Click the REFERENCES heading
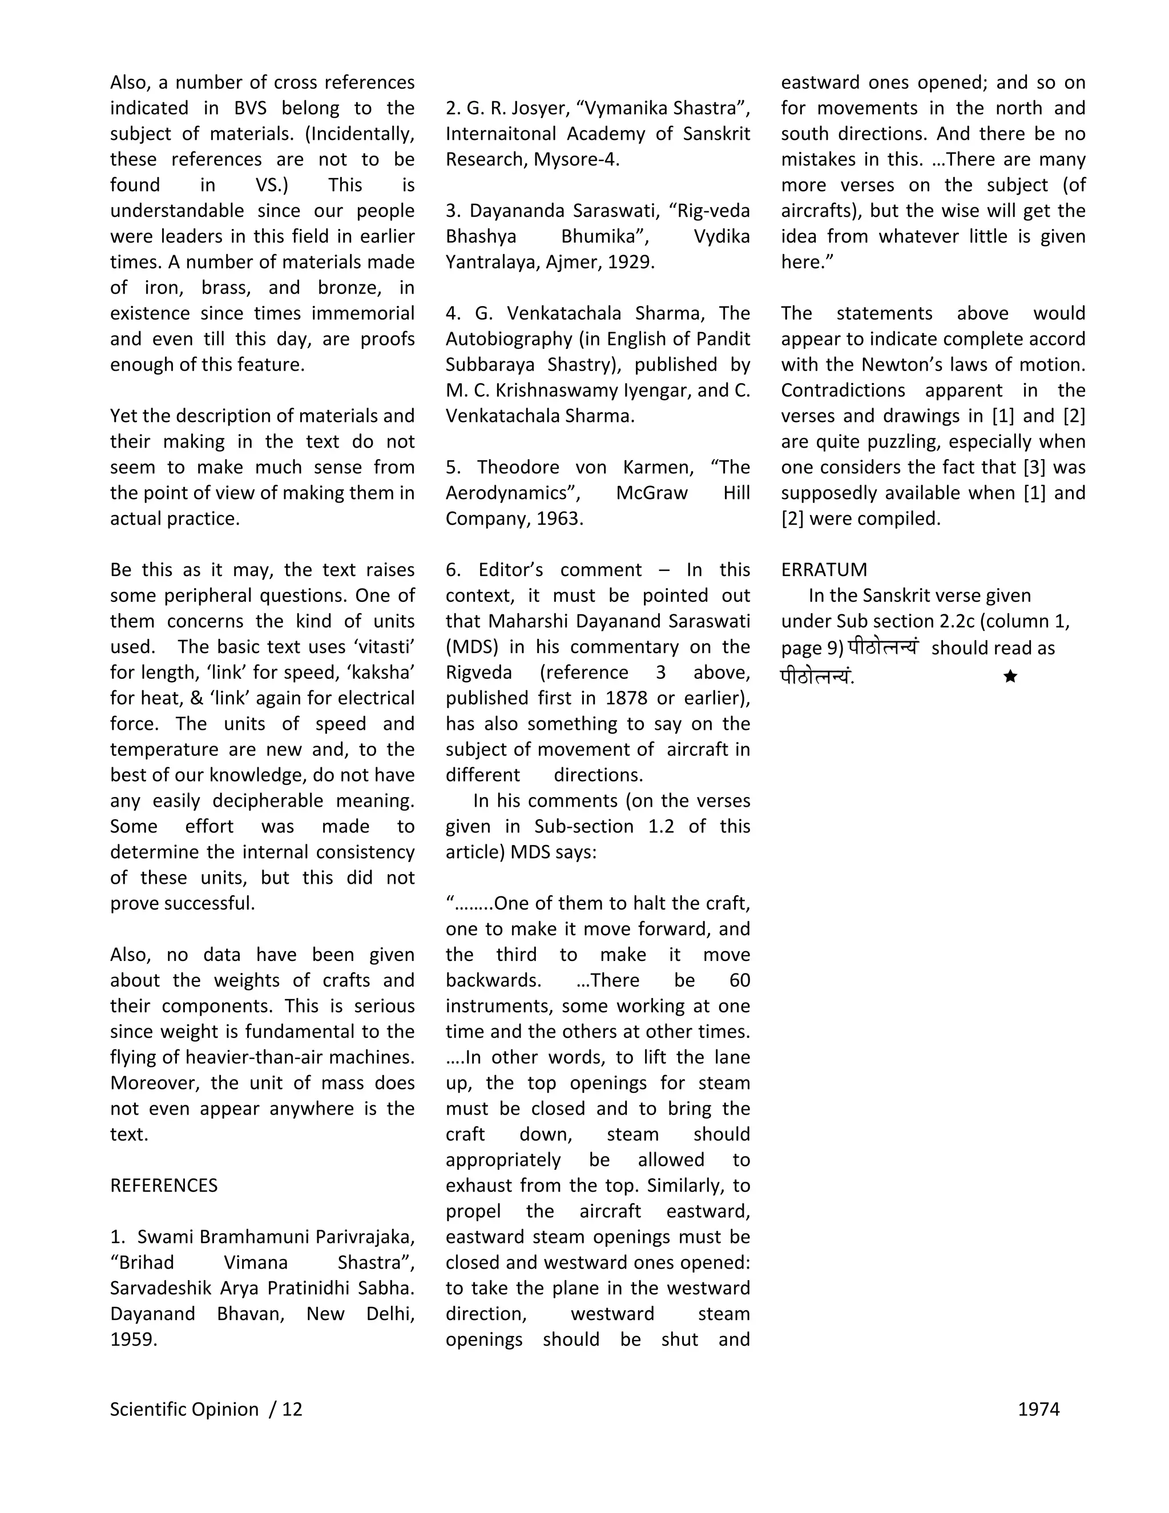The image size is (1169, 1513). pos(163,1186)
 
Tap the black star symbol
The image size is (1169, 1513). pos(1010,676)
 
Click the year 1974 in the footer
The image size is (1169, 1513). pos(1038,1410)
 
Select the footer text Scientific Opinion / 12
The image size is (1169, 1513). pos(205,1410)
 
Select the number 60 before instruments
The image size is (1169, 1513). pos(739,981)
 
